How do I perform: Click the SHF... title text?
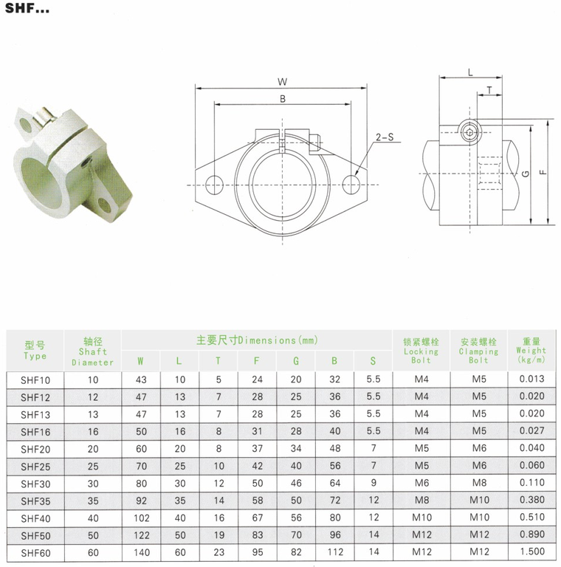[27, 8]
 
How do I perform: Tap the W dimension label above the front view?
[282, 82]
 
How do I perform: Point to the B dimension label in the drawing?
[283, 99]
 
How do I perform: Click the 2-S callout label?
[385, 137]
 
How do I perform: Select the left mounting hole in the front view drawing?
[214, 185]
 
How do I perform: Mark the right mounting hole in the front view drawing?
[351, 185]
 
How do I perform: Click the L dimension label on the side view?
[470, 72]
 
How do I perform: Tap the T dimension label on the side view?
[489, 90]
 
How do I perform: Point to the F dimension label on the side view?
[543, 172]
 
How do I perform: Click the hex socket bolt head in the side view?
[469, 132]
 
